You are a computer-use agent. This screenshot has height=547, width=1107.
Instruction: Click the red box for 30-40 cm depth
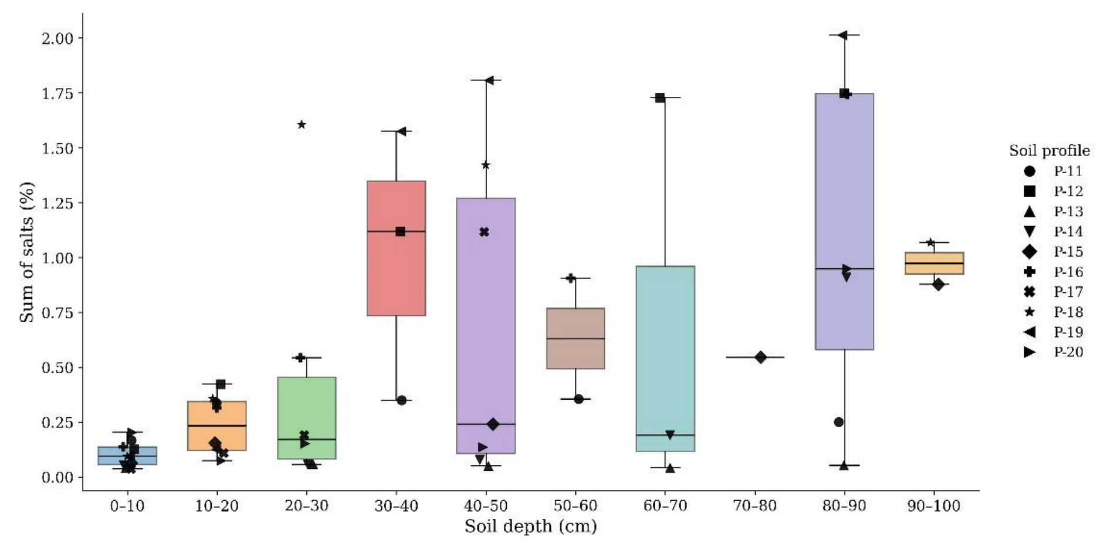click(x=396, y=248)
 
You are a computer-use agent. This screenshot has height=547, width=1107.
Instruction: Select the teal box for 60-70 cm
click(x=665, y=359)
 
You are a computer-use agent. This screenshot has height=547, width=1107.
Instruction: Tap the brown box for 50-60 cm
click(x=575, y=338)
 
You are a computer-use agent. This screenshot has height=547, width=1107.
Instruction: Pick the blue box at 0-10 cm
click(x=127, y=455)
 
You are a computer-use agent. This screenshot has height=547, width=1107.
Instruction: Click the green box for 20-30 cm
click(x=307, y=418)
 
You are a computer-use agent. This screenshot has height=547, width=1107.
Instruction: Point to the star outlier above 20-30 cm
click(x=302, y=124)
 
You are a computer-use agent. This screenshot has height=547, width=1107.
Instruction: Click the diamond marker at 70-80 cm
click(x=761, y=357)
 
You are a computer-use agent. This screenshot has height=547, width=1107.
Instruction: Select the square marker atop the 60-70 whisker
click(x=660, y=97)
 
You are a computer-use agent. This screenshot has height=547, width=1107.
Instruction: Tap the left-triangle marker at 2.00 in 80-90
click(x=842, y=35)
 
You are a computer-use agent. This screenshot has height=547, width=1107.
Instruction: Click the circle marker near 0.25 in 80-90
click(x=839, y=422)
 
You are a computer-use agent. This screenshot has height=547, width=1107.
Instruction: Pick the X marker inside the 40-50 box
click(x=484, y=232)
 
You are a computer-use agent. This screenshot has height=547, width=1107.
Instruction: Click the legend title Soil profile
click(x=1050, y=151)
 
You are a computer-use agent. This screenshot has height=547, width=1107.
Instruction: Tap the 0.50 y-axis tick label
click(x=57, y=368)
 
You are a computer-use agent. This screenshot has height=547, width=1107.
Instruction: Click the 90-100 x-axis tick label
click(x=934, y=506)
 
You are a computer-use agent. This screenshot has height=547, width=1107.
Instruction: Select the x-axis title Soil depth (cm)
click(x=531, y=526)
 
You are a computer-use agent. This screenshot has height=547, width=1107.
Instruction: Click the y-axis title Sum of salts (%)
click(x=27, y=252)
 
